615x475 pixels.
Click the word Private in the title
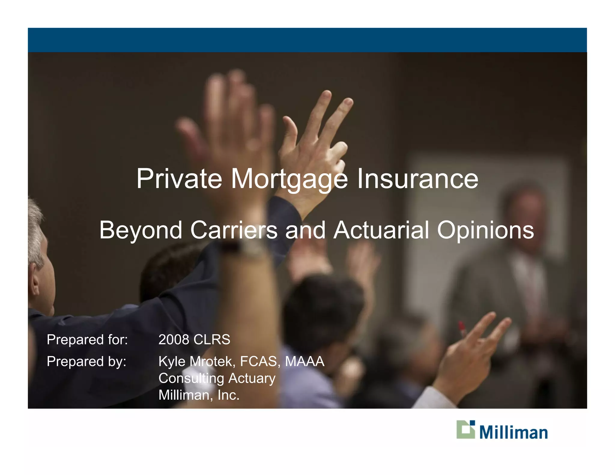[179, 179]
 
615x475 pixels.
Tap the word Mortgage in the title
[289, 179]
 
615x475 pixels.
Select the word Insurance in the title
[417, 179]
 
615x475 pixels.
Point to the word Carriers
[234, 230]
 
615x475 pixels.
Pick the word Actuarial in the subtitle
[381, 230]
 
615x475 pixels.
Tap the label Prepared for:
[87, 340]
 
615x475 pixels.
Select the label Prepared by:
[86, 362]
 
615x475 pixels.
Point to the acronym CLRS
[212, 340]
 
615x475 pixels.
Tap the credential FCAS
[258, 361]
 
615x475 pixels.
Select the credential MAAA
[304, 361]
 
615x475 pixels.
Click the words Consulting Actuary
[217, 378]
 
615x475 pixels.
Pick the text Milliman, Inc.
[199, 395]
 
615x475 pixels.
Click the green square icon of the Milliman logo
[465, 430]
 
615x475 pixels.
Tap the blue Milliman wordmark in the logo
[513, 432]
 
